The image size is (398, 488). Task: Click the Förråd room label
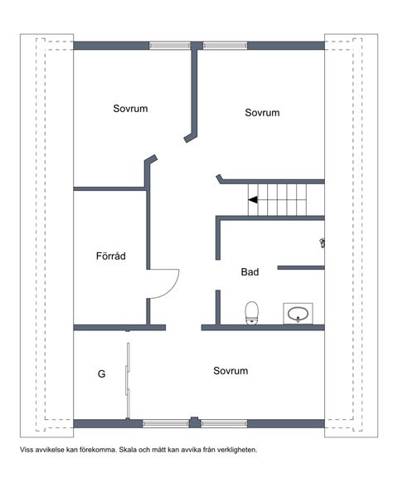click(x=111, y=256)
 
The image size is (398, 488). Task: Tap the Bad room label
click(x=250, y=272)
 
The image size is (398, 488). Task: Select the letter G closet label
click(x=102, y=373)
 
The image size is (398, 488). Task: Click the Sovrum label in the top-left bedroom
click(x=130, y=109)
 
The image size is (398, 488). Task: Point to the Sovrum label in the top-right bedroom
click(x=262, y=113)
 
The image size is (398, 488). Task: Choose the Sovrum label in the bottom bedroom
click(x=231, y=371)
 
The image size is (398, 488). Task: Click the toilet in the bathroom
click(x=251, y=313)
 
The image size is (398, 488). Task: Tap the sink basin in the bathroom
click(x=298, y=314)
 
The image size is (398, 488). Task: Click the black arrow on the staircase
click(x=253, y=199)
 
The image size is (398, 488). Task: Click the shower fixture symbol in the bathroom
click(x=323, y=242)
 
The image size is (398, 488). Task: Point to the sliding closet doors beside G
click(x=128, y=381)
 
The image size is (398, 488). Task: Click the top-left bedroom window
click(x=170, y=46)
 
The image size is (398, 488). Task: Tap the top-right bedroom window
click(x=226, y=46)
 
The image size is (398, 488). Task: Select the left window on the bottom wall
click(x=166, y=423)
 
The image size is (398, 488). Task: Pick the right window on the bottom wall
click(x=224, y=423)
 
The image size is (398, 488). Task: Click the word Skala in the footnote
click(x=127, y=450)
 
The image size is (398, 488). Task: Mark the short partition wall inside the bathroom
click(x=301, y=267)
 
